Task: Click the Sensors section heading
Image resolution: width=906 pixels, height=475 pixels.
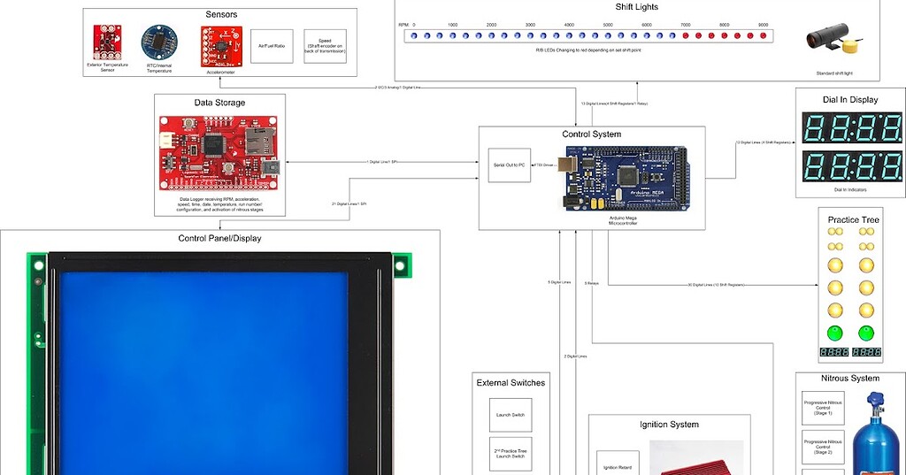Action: click(220, 15)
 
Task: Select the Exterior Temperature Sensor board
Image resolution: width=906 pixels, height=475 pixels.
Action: click(107, 41)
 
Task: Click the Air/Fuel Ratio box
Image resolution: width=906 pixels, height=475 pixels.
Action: click(272, 45)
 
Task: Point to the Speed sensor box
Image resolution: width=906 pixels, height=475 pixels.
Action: click(325, 45)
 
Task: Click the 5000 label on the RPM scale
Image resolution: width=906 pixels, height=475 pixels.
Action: click(608, 25)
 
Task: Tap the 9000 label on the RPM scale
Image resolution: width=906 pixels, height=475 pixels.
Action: click(763, 25)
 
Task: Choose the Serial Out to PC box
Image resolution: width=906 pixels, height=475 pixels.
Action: click(510, 165)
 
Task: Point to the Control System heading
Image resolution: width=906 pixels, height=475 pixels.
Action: click(591, 134)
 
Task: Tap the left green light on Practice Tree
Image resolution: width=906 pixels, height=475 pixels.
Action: click(834, 333)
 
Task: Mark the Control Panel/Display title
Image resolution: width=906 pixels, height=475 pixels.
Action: click(220, 238)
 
